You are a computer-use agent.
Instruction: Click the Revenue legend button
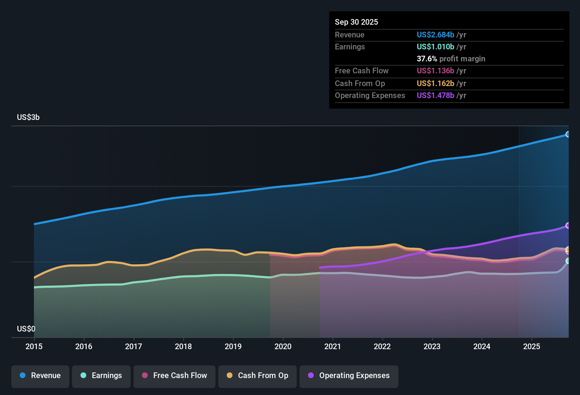[40, 376]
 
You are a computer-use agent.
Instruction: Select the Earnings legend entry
[101, 376]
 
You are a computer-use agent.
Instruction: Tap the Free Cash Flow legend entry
[174, 376]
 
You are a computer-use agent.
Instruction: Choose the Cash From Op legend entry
[258, 376]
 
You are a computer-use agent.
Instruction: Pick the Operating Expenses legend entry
[349, 376]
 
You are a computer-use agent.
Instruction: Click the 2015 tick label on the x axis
[34, 347]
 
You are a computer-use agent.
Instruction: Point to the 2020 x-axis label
[283, 347]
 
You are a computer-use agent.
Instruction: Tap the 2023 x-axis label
[432, 347]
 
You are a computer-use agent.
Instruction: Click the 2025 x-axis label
[532, 347]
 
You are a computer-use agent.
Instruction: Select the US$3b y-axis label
[28, 117]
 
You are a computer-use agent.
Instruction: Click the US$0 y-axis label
[26, 329]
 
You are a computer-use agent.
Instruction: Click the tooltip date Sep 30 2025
[356, 22]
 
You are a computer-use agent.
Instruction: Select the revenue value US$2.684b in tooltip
[435, 35]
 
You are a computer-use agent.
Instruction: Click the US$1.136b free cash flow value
[435, 71]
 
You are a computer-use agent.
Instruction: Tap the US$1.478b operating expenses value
[435, 96]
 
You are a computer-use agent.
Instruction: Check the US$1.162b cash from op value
[435, 84]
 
